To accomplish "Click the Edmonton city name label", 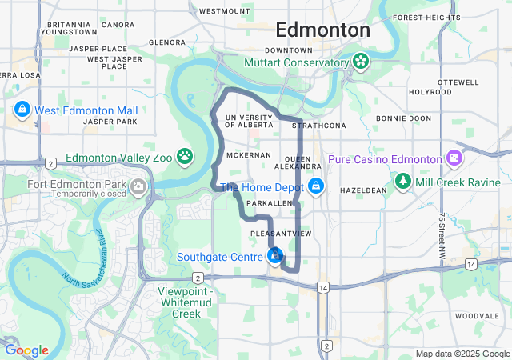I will (x=322, y=30).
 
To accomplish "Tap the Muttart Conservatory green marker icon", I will (x=360, y=61).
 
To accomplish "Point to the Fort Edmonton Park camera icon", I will (x=138, y=187).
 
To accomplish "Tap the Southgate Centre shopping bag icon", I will (x=275, y=256).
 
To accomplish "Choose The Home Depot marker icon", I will (x=316, y=186).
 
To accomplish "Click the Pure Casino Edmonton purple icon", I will (x=454, y=158).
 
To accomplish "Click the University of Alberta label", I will (x=250, y=122).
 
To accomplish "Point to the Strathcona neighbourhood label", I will (x=319, y=126).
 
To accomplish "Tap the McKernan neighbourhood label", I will (x=246, y=154).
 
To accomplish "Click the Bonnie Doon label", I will (x=404, y=118).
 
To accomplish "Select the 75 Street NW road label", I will (x=442, y=235).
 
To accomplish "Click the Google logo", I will (x=26, y=350).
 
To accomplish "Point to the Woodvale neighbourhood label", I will (x=477, y=317).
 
